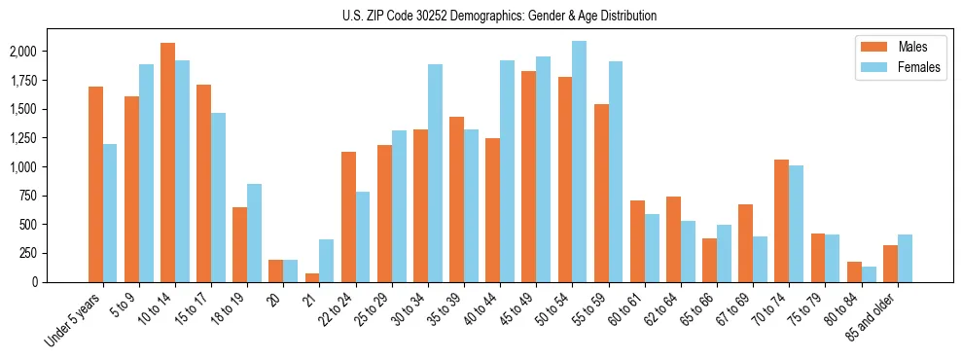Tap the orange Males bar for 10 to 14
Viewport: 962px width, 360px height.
point(167,162)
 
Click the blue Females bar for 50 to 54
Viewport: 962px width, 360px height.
point(579,162)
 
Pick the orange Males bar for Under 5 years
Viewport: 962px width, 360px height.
point(95,184)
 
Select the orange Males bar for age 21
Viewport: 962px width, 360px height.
point(311,277)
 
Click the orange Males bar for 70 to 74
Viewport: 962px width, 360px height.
point(781,221)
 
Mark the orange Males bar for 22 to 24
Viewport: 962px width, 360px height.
point(347,217)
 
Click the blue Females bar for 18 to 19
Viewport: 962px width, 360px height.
point(254,233)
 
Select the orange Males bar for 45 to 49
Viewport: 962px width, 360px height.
point(528,176)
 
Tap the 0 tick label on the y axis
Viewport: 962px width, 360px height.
point(63,282)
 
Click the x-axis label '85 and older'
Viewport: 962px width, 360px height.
point(873,316)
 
